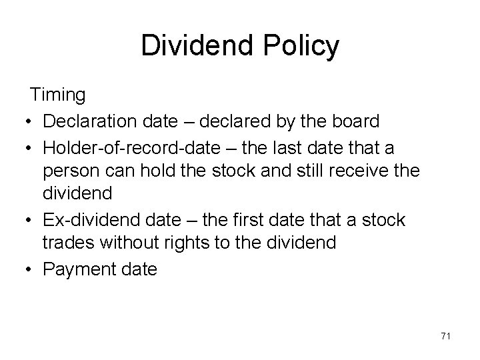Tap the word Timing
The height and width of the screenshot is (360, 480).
58,95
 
